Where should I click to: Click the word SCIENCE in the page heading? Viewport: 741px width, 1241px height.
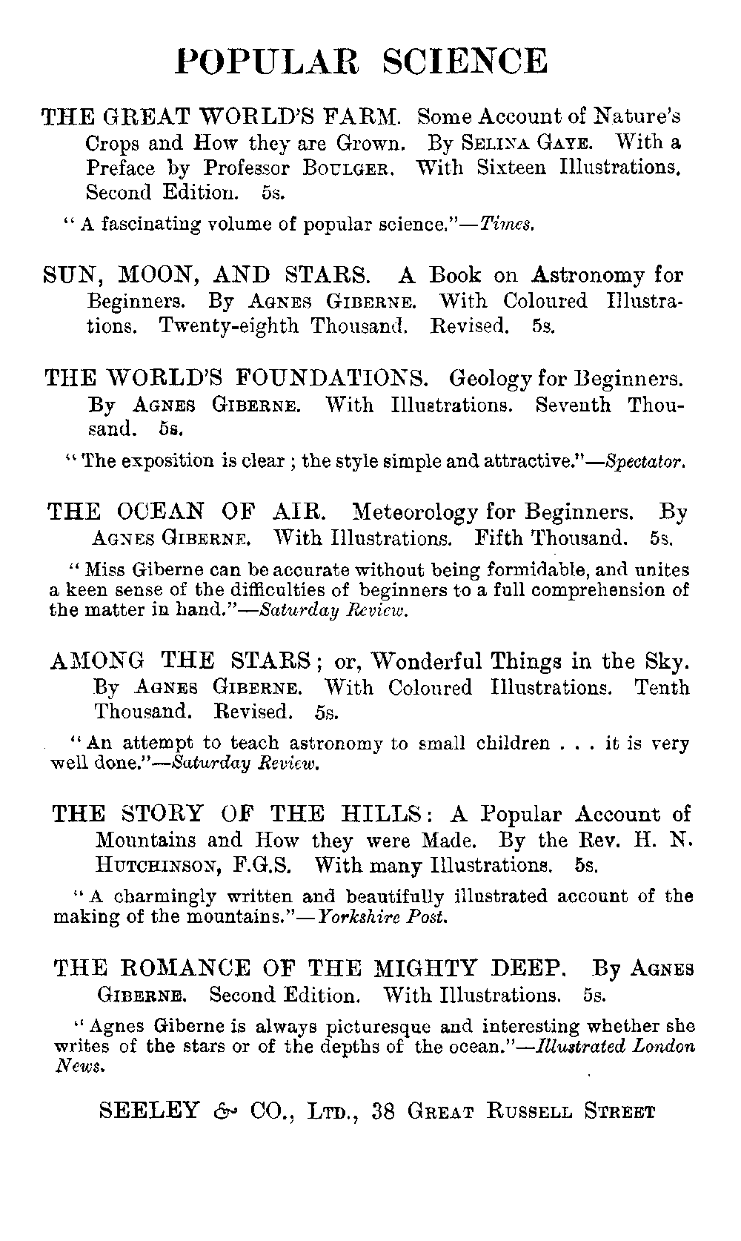pyautogui.click(x=465, y=62)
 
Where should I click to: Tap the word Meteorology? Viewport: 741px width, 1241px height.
pyautogui.click(x=418, y=512)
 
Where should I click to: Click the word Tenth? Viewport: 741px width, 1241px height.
pyautogui.click(x=662, y=687)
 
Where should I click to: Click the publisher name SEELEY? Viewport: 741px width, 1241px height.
pyautogui.click(x=149, y=1111)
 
